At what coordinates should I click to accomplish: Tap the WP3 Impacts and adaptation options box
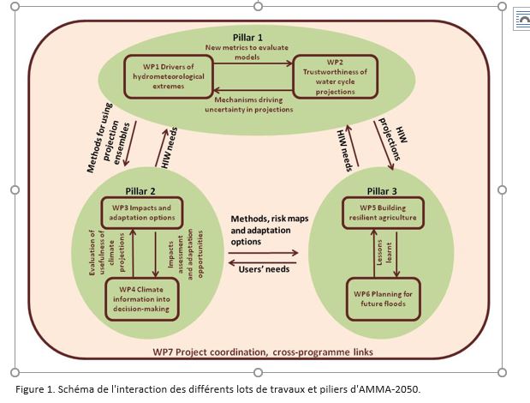tap(142, 213)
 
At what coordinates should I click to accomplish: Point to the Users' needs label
tap(264, 269)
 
